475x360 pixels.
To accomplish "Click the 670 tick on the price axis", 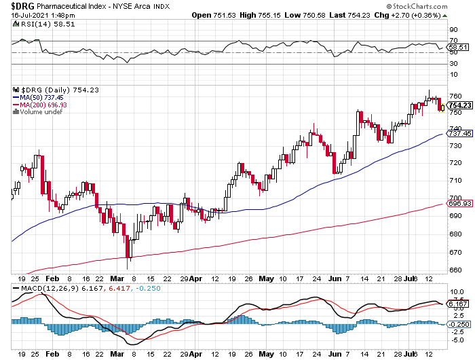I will click(x=455, y=252).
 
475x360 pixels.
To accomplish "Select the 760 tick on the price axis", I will click(x=455, y=96).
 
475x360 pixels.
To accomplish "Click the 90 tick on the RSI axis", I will click(x=453, y=30).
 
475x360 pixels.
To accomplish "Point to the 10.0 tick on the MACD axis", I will click(x=455, y=292).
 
